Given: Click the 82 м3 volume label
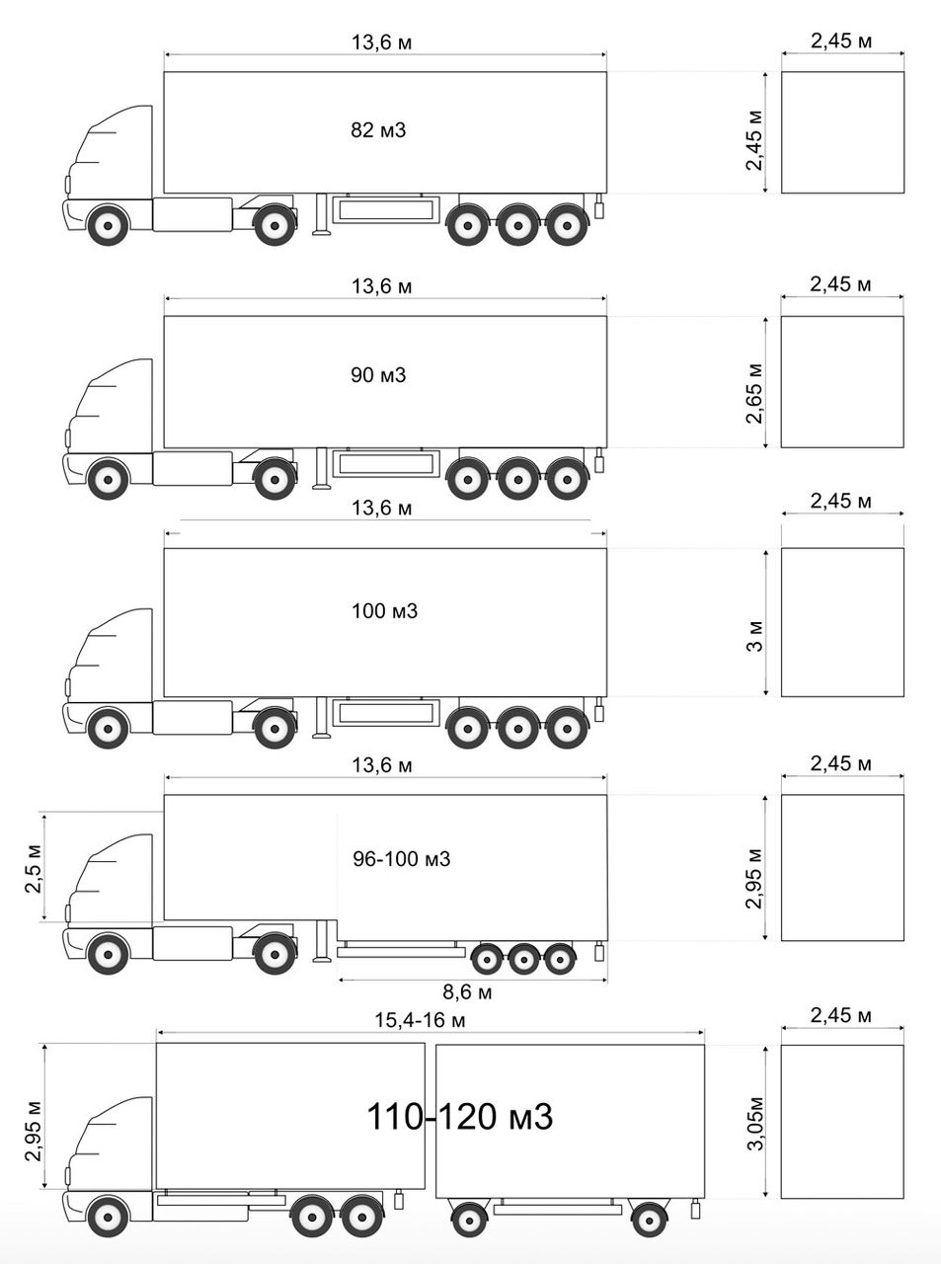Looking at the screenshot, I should pyautogui.click(x=378, y=130).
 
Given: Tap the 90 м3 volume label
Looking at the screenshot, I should pyautogui.click(x=378, y=375).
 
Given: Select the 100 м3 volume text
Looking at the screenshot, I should pyautogui.click(x=384, y=611).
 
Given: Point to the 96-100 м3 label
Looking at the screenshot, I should pyautogui.click(x=401, y=859).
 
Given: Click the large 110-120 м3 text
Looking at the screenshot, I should pyautogui.click(x=459, y=1117).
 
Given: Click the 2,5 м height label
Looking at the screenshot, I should pyautogui.click(x=33, y=867).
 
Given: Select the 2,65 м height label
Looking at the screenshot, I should pyautogui.click(x=754, y=393).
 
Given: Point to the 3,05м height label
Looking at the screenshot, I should pyautogui.click(x=754, y=1123).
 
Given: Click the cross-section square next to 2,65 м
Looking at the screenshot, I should pyautogui.click(x=842, y=382).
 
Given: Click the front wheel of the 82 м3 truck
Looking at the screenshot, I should pyautogui.click(x=106, y=225).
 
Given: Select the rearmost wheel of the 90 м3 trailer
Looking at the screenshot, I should pyautogui.click(x=566, y=480).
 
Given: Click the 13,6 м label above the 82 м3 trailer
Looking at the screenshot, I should pyautogui.click(x=381, y=42).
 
